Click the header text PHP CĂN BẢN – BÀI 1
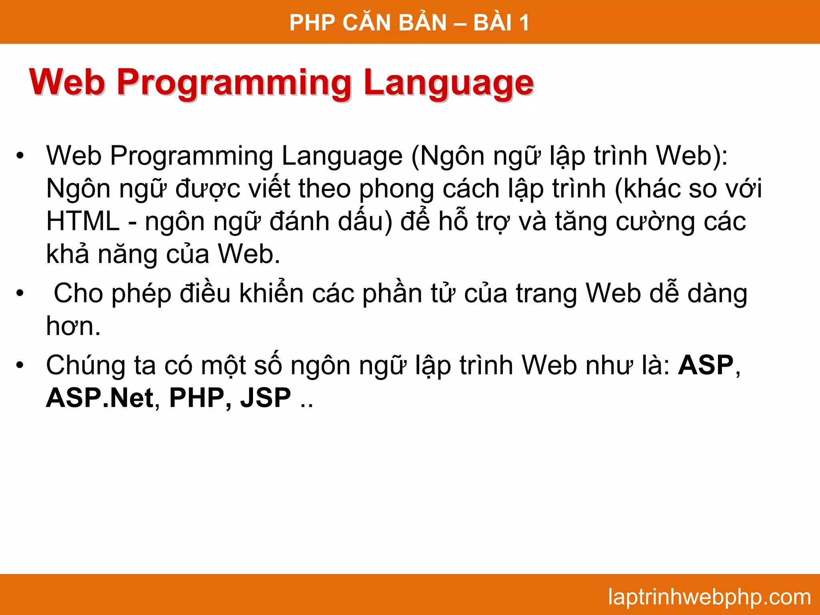point(409,22)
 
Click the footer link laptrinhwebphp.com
point(709,597)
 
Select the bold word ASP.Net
point(100,398)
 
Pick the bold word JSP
point(265,398)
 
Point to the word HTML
point(82,221)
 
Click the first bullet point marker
point(20,156)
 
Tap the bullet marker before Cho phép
point(20,294)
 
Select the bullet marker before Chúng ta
point(20,366)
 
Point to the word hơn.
point(73,326)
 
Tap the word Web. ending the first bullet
point(248,254)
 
